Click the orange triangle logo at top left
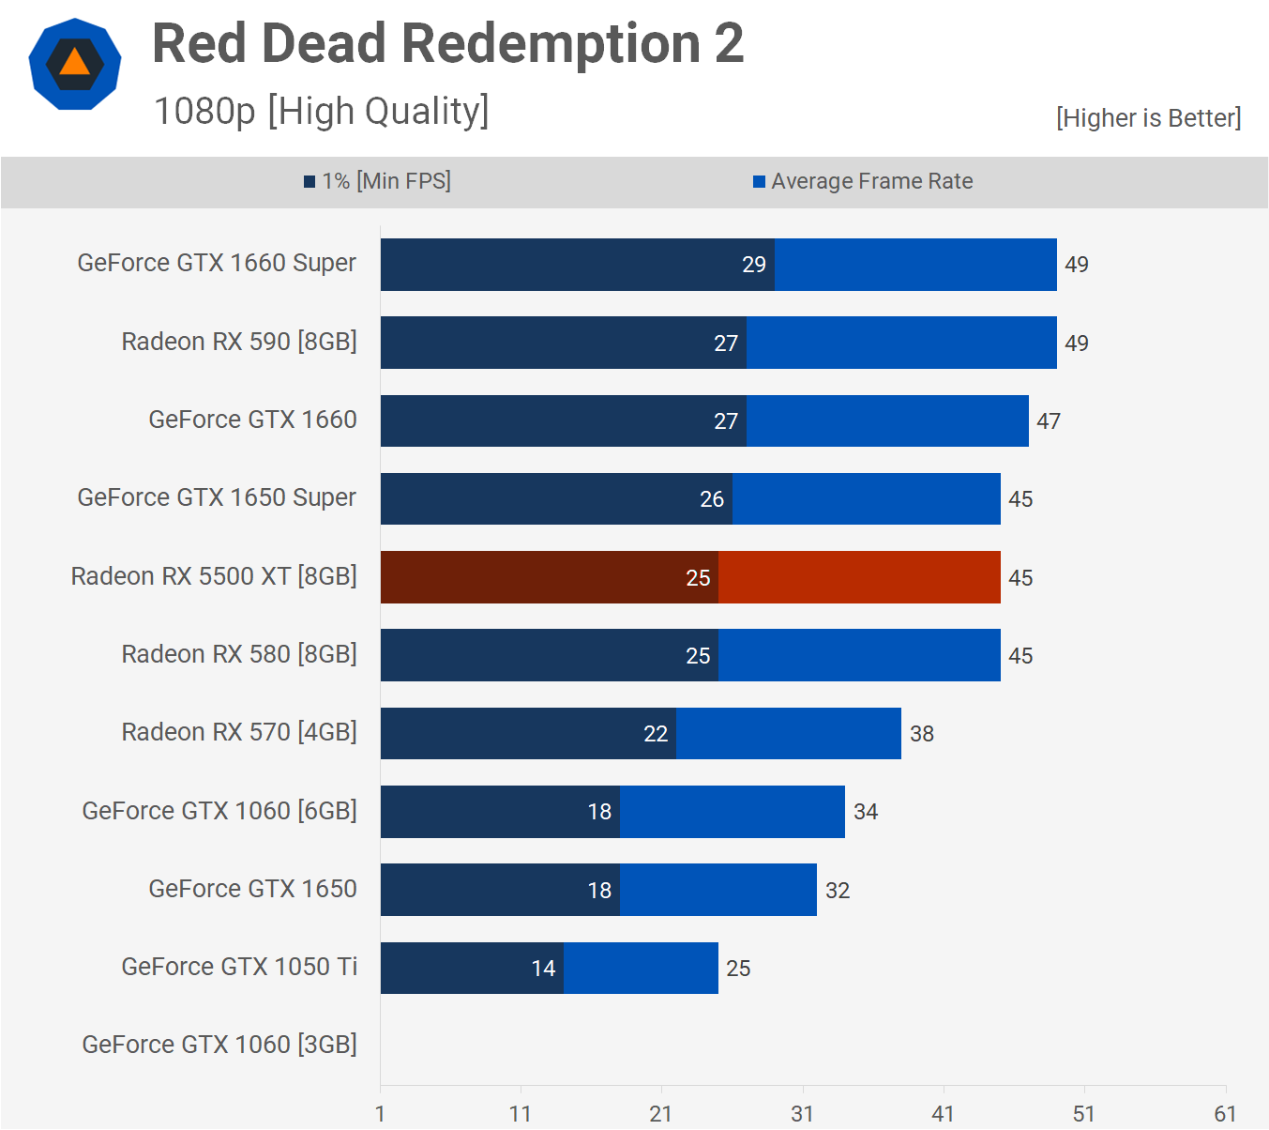click(x=75, y=64)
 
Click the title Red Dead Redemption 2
click(x=447, y=43)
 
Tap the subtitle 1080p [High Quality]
click(x=321, y=111)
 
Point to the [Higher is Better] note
click(x=1148, y=118)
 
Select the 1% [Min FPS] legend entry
click(x=377, y=181)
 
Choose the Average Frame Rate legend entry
click(x=863, y=181)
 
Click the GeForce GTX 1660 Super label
click(x=217, y=263)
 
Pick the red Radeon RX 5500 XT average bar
click(x=858, y=577)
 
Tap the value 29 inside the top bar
click(x=754, y=265)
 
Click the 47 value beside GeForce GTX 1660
click(x=1048, y=421)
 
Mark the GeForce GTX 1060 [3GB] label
click(x=219, y=1045)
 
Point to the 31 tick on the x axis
click(x=802, y=1114)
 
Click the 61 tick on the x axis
click(x=1225, y=1114)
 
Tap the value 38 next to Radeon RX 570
click(x=921, y=734)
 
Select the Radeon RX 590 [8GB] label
click(x=239, y=342)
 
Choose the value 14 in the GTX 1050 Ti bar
click(x=543, y=969)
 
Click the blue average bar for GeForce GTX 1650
click(x=718, y=890)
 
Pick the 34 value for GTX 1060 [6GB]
click(x=865, y=812)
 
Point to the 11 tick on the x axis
click(x=521, y=1114)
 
